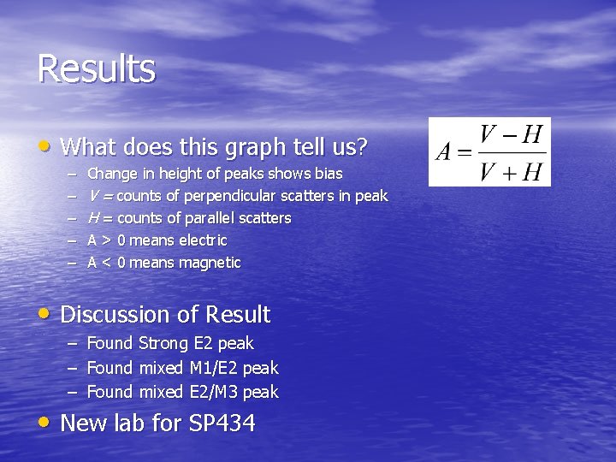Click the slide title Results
96,69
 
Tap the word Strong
163,344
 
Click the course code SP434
218,423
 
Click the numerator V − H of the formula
511,135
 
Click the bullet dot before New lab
44,422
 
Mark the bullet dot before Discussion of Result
44,314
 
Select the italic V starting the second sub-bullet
93,196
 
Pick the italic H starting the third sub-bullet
93,218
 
